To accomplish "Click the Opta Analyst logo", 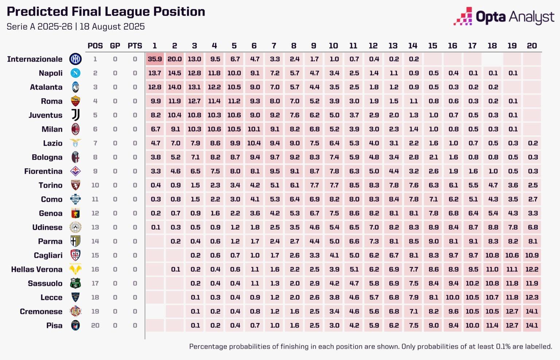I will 504,17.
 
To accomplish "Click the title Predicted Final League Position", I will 106,12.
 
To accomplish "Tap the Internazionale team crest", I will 75,59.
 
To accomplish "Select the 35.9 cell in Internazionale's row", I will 155,59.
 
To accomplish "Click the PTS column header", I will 135,46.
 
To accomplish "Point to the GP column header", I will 115,46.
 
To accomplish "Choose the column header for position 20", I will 532,46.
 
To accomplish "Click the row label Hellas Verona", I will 36,270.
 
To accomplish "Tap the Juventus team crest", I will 75,115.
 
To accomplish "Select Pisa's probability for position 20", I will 532,325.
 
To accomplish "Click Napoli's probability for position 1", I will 155,73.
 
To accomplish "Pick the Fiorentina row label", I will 43,171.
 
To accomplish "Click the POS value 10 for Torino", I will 95,185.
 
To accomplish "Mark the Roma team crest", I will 75,101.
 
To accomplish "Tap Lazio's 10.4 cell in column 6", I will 254,143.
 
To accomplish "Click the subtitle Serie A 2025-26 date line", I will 75,27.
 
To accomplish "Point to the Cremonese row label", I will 41,311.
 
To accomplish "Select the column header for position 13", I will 393,46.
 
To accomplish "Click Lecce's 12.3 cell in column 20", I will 532,297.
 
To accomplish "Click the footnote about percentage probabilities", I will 370,347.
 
